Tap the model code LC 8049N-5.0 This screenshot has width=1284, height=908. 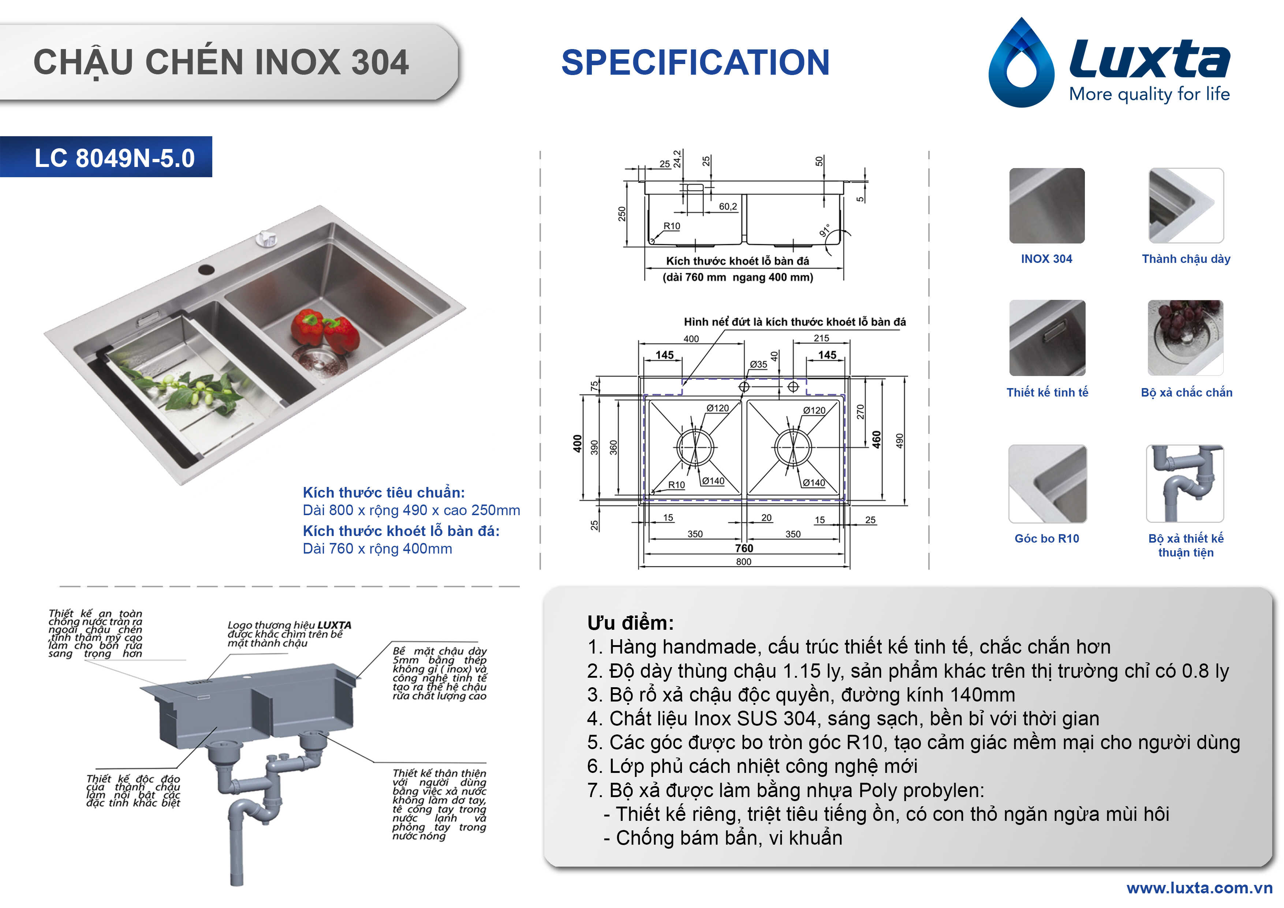pos(115,158)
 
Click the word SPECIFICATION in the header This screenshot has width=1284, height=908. pos(695,62)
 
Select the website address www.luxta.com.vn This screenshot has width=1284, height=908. pos(1199,888)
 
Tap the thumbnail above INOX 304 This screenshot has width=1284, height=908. pos(1047,205)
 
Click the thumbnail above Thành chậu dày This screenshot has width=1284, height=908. pos(1186,205)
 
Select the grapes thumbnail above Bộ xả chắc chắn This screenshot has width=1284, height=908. pos(1186,337)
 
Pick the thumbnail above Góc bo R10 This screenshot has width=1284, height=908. pos(1048,484)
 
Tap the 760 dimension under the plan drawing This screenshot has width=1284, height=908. pos(744,548)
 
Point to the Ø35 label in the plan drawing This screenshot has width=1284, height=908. pos(758,365)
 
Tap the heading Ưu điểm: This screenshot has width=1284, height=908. pos(630,623)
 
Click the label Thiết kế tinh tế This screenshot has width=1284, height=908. pos(1048,392)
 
